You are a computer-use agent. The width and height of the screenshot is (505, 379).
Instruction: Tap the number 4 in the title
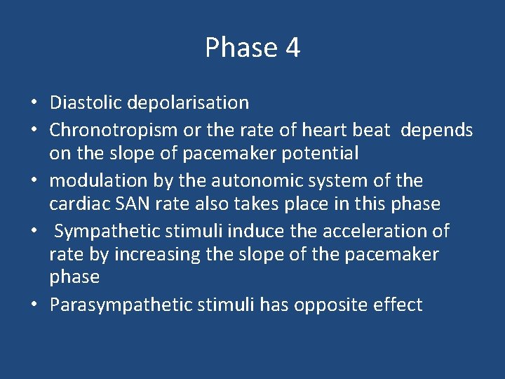pos(292,48)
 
